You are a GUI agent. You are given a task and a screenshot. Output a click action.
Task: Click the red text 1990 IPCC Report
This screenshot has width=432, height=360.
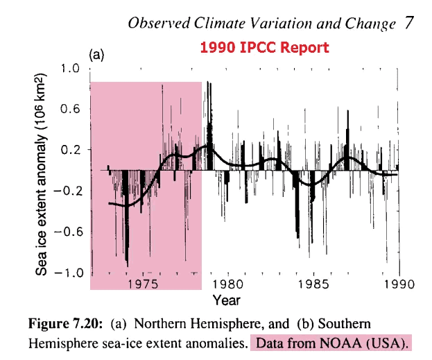pos(264,48)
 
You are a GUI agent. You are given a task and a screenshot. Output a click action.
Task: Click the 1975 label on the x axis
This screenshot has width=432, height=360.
pos(145,284)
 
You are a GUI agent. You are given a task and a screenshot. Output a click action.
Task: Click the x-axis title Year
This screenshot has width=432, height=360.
pos(227,300)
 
